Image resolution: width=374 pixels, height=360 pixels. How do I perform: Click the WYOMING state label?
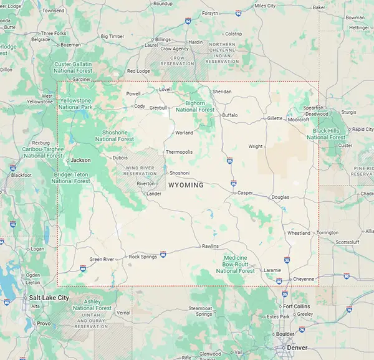[186, 185]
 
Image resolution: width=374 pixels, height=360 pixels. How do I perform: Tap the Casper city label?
[246, 193]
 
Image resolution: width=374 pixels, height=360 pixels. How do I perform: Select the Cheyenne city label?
[304, 278]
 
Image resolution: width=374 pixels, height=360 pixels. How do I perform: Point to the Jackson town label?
[80, 160]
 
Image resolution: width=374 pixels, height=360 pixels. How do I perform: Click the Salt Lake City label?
[49, 298]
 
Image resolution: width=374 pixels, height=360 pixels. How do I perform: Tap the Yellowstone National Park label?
[75, 103]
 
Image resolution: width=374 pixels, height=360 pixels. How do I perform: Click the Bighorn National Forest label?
[194, 106]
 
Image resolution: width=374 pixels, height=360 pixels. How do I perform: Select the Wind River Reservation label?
[140, 171]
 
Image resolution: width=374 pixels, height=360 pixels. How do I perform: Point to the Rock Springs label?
[143, 257]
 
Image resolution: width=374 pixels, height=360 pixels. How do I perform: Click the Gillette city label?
[275, 118]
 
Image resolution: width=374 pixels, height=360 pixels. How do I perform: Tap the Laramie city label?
[272, 270]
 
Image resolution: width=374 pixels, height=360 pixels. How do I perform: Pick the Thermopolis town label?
[179, 152]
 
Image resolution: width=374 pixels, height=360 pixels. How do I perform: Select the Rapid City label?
[362, 129]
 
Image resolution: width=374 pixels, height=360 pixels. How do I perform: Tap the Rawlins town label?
[210, 246]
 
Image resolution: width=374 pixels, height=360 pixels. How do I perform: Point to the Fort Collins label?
[297, 306]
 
